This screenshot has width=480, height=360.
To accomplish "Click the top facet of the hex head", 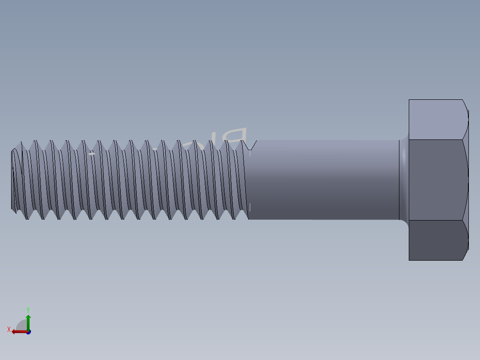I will [x=436, y=119].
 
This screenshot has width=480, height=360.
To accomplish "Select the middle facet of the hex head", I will [x=436, y=180].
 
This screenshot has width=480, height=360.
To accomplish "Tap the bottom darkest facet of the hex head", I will [x=436, y=240].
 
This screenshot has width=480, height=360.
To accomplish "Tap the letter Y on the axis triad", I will [x=28, y=309].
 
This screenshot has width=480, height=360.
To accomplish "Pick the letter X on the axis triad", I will [x=9, y=330].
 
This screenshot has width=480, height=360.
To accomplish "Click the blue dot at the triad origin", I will [x=28, y=332].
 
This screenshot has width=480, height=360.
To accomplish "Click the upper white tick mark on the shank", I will [x=250, y=153].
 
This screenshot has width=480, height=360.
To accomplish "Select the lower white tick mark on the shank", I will [x=250, y=207].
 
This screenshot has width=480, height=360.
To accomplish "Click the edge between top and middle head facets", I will [x=436, y=139].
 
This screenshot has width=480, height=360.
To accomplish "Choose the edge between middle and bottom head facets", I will [x=436, y=220].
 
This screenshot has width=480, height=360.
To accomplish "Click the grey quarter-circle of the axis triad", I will [x=21, y=325].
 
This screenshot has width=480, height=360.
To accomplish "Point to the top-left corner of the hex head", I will [x=409, y=100].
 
